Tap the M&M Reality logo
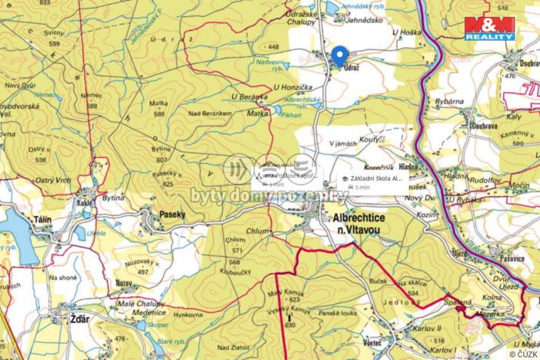tap(489, 28)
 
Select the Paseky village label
tap(174, 215)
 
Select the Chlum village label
tap(258, 229)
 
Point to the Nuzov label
tap(124, 283)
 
